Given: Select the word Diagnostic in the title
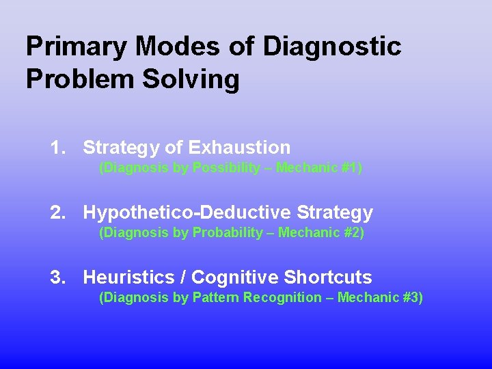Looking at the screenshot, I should coord(332,47).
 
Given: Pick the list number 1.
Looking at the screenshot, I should coord(57,148).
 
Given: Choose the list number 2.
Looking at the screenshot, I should coord(57,213).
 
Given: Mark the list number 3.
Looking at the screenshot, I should coord(57,277).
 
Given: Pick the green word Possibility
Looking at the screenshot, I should coord(225,168).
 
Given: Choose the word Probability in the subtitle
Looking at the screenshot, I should coord(227,233).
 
